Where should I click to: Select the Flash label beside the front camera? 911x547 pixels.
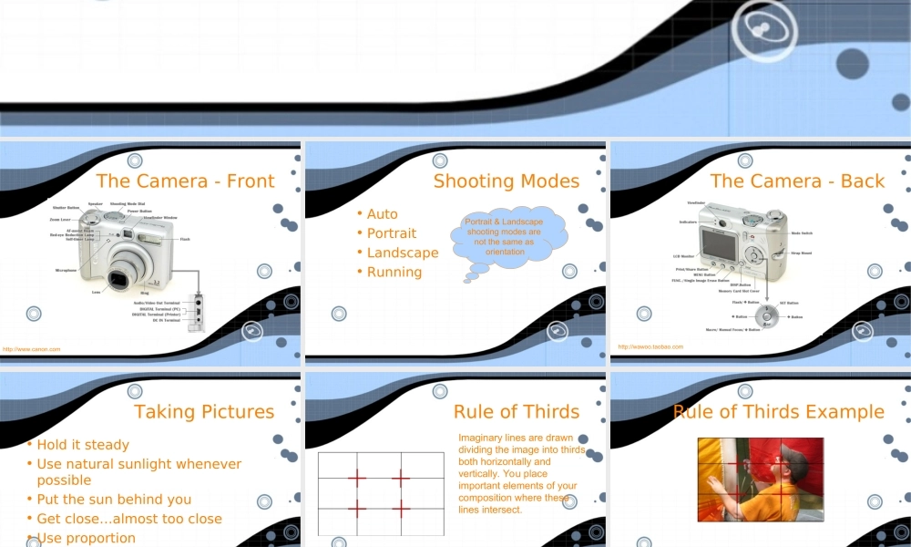185,239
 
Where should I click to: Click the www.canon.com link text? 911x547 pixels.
31,349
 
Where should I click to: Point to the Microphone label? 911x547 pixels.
66,270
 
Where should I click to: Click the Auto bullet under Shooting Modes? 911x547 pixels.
383,214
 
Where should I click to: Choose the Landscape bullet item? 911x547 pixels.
403,253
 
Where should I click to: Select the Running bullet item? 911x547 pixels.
394,272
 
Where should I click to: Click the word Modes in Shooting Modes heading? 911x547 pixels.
550,181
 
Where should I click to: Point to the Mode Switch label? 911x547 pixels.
802,233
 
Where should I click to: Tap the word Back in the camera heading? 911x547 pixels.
863,181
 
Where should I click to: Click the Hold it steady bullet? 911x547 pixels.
83,445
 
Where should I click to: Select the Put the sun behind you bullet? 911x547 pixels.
114,499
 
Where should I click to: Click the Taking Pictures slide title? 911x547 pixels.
204,411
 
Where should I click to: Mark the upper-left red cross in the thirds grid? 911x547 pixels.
356,477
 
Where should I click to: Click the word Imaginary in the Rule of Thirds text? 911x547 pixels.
480,438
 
